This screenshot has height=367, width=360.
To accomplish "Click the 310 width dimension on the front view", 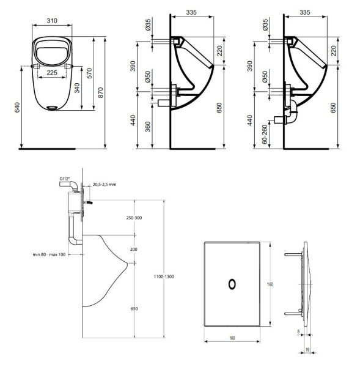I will click(x=53, y=20).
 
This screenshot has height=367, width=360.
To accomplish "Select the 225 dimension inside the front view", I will click(x=53, y=72).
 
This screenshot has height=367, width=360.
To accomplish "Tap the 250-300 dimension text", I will click(x=134, y=218).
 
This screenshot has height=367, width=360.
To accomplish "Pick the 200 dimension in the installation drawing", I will click(x=134, y=249).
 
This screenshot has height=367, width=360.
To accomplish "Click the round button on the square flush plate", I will click(x=232, y=283).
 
